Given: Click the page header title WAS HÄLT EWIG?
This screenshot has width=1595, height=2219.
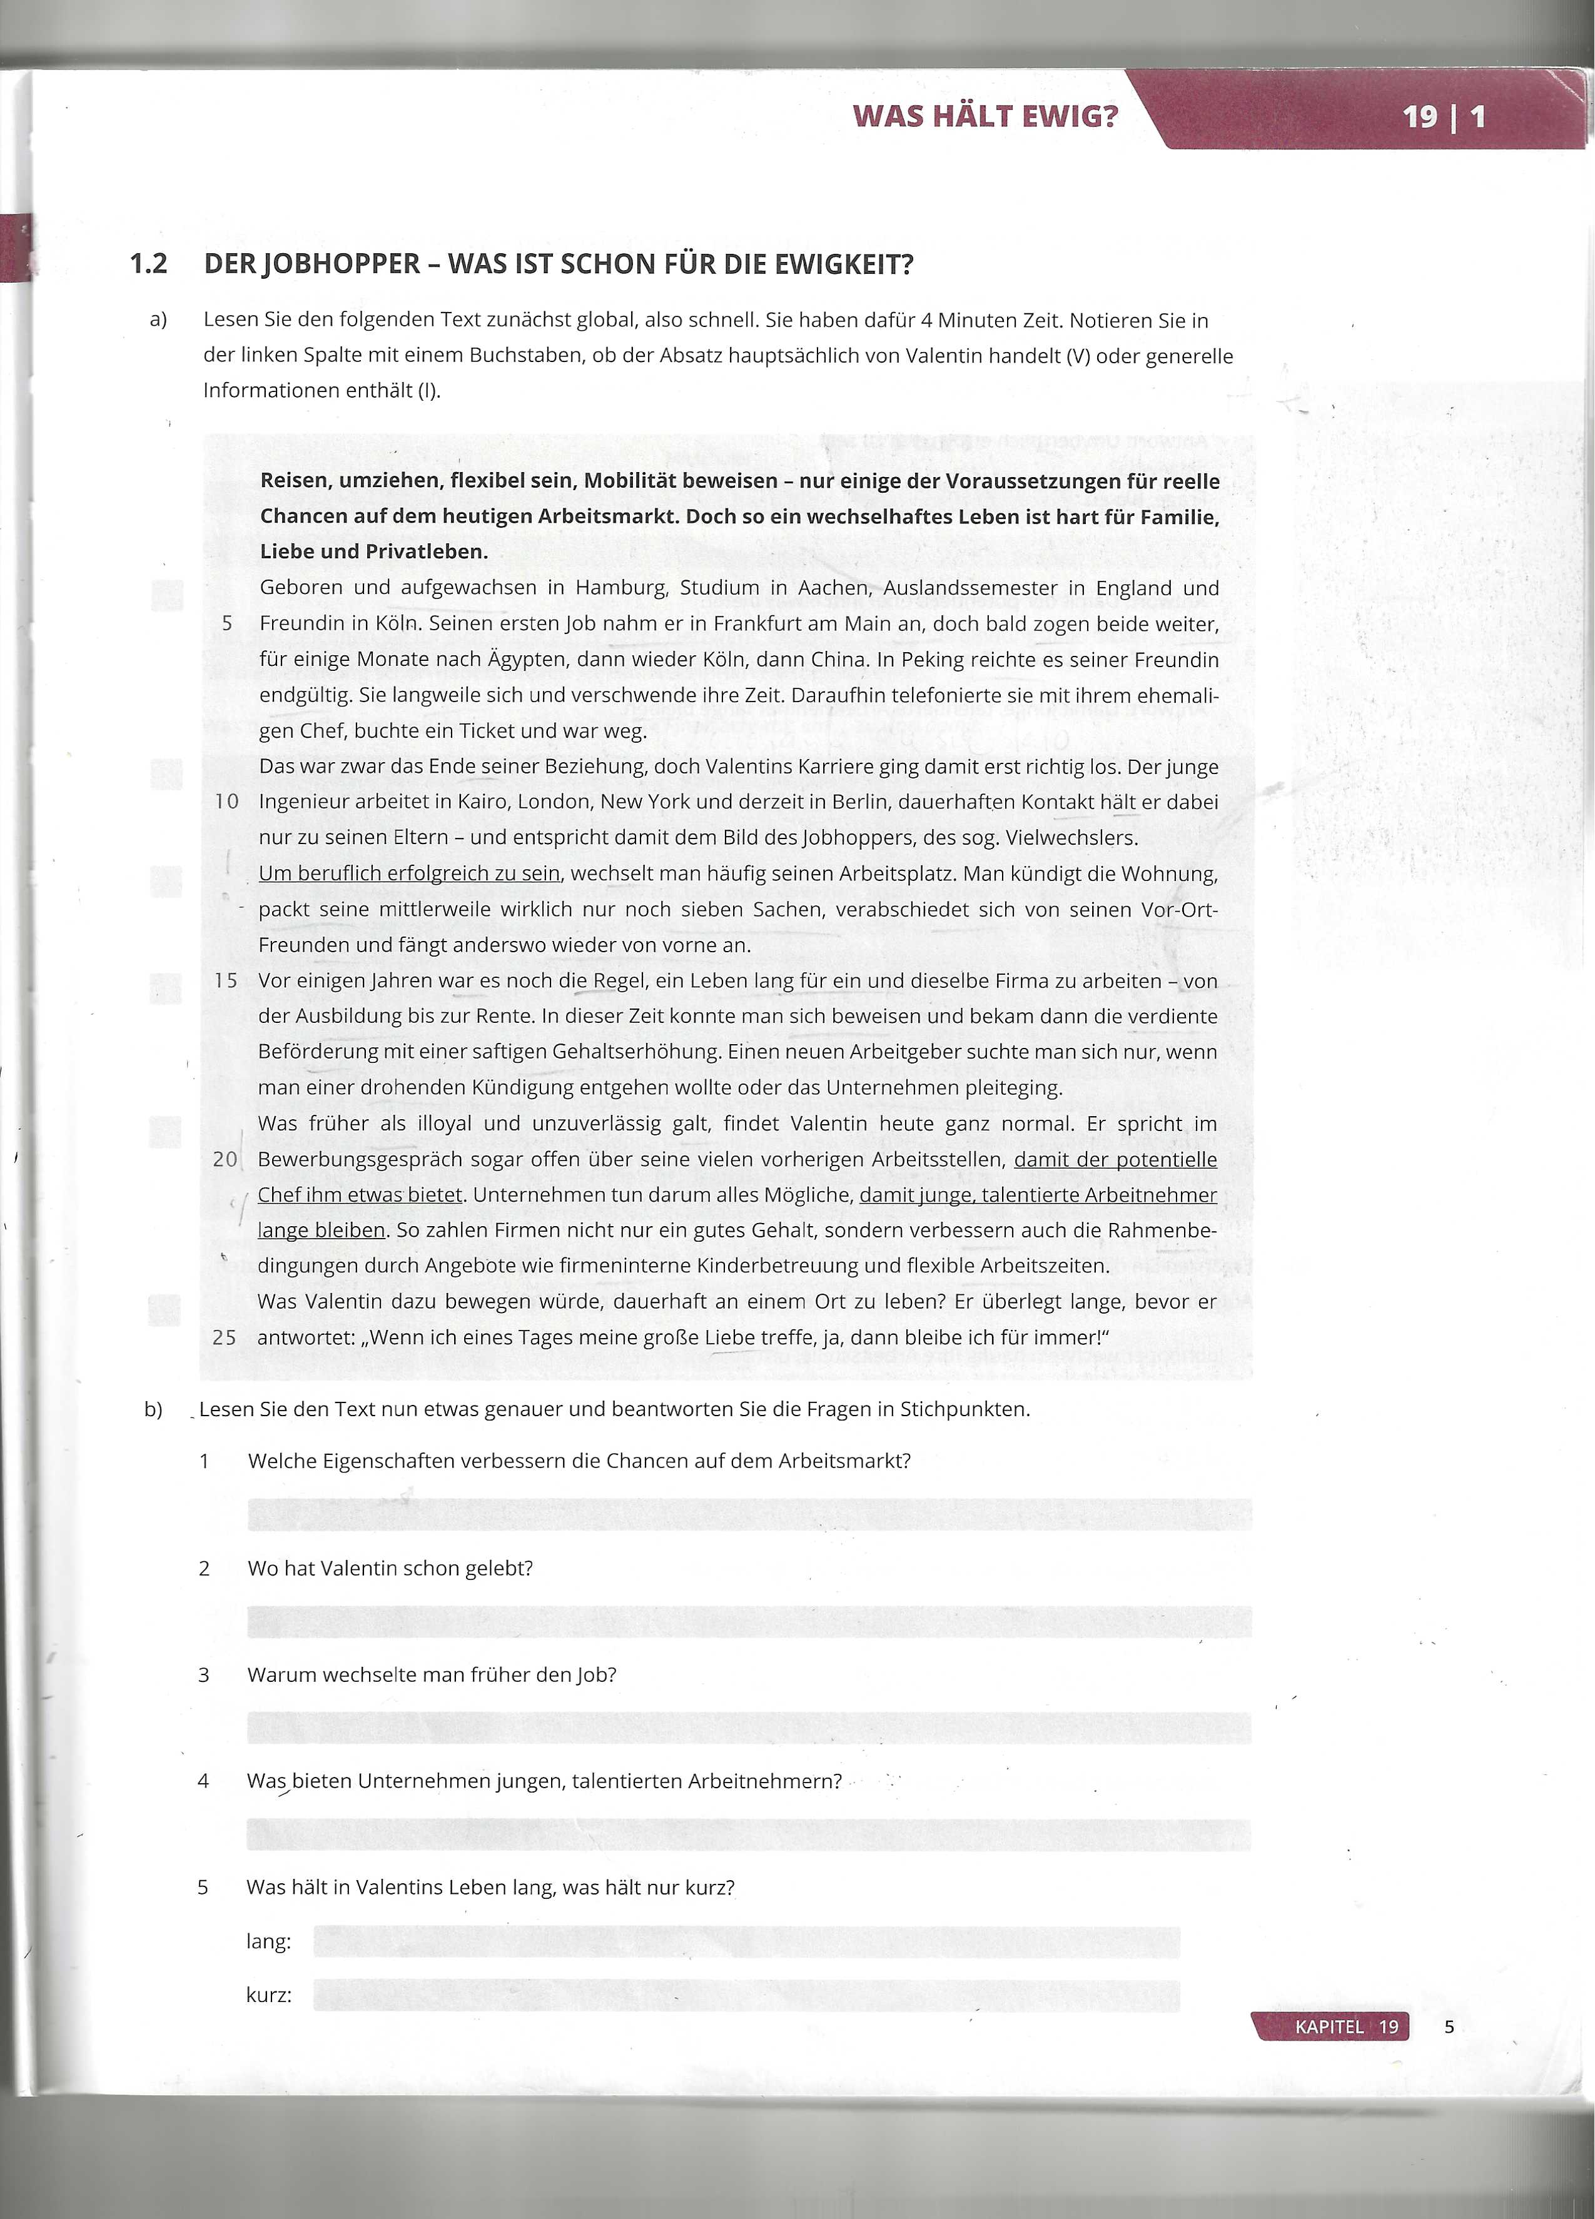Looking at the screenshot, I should (985, 116).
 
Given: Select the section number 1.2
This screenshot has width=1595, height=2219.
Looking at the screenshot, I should (149, 264).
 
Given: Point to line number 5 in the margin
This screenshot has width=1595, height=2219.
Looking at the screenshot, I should (227, 623).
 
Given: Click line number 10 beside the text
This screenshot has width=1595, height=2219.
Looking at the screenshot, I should (227, 802).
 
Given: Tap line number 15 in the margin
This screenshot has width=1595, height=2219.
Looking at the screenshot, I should (226, 980).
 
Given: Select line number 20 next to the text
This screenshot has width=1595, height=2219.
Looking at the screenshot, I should (225, 1159).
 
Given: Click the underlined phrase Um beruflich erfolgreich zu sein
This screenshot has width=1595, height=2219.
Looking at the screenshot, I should (409, 873).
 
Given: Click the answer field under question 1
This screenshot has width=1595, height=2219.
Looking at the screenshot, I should (749, 1514).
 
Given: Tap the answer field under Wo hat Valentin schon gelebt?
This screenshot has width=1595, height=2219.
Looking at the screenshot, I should (749, 1621).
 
